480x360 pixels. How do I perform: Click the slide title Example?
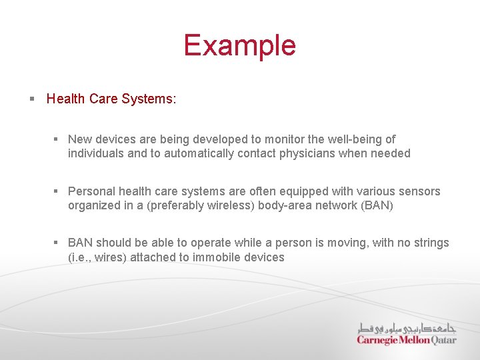tap(239, 45)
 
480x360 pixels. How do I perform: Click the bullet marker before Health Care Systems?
tap(31, 99)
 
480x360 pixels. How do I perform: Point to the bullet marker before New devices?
tap(57, 139)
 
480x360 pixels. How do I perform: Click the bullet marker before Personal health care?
tap(57, 191)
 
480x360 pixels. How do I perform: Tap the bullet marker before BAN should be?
tap(57, 243)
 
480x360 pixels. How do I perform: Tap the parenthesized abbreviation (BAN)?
tap(377, 205)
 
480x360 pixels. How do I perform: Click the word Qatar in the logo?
tap(444, 339)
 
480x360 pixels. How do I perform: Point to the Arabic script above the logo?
tap(407, 328)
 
